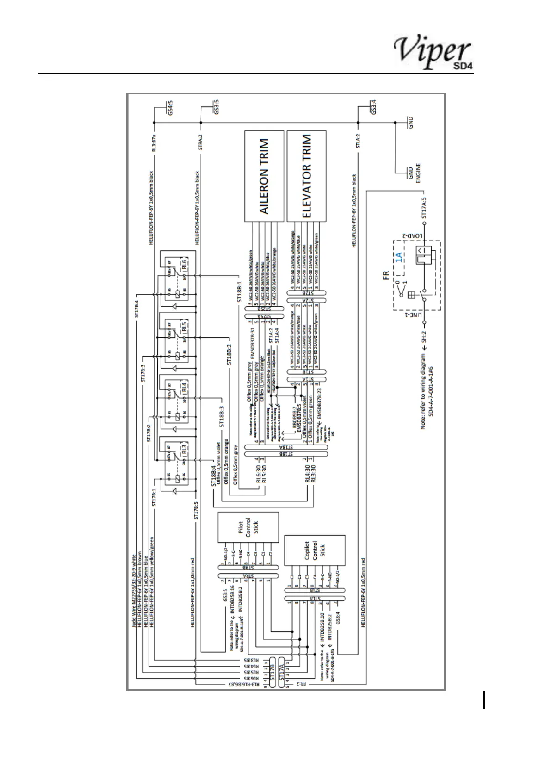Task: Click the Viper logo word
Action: point(431,51)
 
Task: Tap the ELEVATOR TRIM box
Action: point(306,176)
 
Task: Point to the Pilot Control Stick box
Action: point(248,527)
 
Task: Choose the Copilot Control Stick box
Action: point(315,551)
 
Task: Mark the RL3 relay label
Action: point(184,448)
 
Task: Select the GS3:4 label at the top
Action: point(374,108)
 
